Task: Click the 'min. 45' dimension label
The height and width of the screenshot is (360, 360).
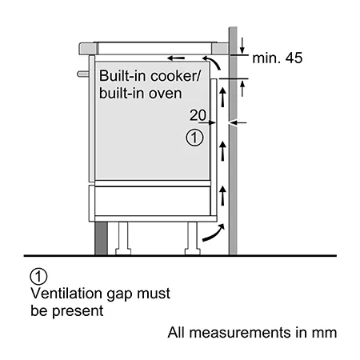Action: [x=278, y=58]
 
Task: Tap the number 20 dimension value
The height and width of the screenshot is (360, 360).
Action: [x=198, y=115]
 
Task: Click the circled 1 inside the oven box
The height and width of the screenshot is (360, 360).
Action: [x=194, y=138]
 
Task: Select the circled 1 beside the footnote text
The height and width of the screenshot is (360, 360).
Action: [x=38, y=277]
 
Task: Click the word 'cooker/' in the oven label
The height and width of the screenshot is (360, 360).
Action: [x=175, y=76]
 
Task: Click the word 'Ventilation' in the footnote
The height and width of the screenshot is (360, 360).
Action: [x=66, y=294]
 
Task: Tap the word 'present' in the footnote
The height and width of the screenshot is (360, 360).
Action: [x=78, y=311]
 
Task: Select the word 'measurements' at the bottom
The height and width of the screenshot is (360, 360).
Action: [x=240, y=333]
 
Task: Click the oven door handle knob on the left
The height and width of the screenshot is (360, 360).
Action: [x=83, y=74]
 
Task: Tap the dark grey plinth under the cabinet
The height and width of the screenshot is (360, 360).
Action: [x=102, y=238]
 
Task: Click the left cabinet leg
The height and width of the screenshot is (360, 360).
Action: [x=123, y=238]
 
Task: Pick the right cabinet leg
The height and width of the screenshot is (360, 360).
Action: [x=193, y=238]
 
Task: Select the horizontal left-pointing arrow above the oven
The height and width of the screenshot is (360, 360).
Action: [x=176, y=58]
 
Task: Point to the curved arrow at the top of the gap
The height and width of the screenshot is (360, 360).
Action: [x=214, y=61]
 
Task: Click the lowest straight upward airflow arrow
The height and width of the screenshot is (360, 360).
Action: [x=223, y=196]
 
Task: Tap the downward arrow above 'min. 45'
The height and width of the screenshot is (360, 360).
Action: [x=242, y=46]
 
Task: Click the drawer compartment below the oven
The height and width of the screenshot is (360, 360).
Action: [x=153, y=201]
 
